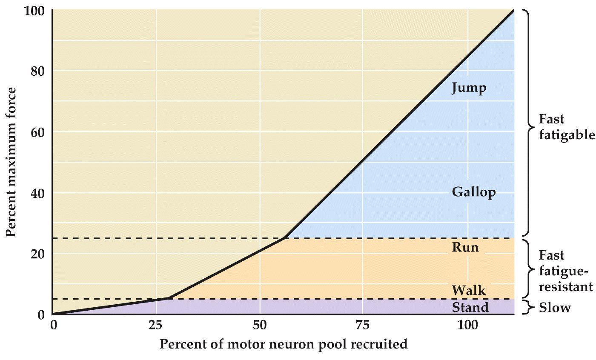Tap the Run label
pyautogui.click(x=465, y=247)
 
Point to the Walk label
pyautogui.click(x=469, y=291)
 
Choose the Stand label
pyautogui.click(x=470, y=307)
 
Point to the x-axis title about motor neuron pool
pyautogui.click(x=284, y=344)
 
